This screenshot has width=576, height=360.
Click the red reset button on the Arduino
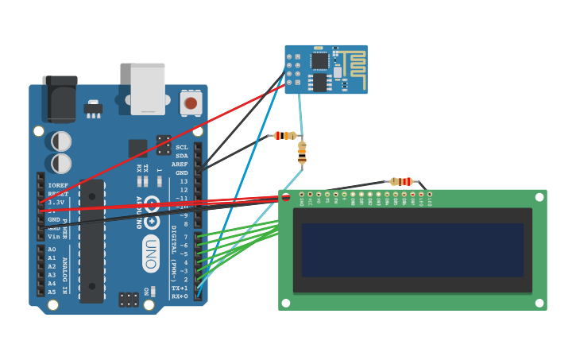click(191, 103)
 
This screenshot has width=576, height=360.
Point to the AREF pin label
click(180, 165)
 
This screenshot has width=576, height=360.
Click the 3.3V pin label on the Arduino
click(55, 203)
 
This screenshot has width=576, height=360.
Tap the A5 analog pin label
click(52, 292)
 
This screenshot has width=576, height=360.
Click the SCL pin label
click(182, 147)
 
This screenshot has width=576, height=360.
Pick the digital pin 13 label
click(184, 182)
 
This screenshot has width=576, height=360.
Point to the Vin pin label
click(54, 236)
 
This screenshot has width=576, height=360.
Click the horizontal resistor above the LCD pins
click(401, 181)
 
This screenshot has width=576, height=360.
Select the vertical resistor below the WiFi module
click(302, 152)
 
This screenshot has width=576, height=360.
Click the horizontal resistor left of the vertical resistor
click(285, 136)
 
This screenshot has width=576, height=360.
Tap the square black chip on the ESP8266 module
click(319, 60)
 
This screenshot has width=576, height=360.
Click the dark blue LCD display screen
click(412, 250)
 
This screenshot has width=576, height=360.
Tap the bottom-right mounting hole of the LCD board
click(539, 303)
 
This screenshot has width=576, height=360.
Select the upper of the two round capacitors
click(61, 141)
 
